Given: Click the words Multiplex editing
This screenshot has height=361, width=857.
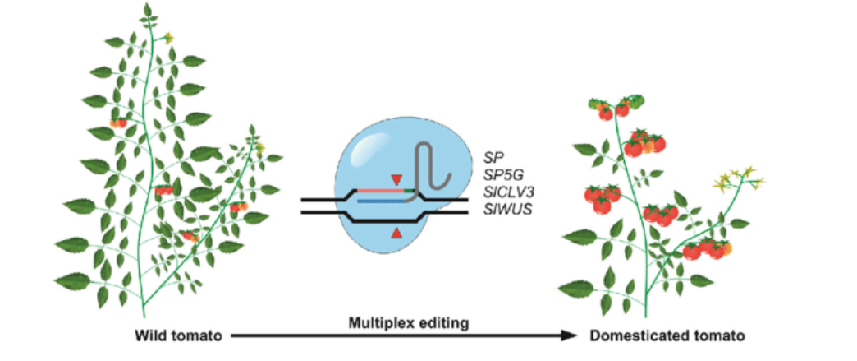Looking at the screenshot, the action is [409, 324].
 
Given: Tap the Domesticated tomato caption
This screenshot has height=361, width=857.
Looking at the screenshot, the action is [667, 336].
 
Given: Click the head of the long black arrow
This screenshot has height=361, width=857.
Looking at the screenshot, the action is [571, 336].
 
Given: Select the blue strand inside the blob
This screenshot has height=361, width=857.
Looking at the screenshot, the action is [381, 201].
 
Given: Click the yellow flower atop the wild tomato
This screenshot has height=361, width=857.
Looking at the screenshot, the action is [169, 39].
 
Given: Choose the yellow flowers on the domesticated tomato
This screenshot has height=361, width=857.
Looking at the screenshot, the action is [737, 178].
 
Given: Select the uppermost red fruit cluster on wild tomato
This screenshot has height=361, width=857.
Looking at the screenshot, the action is [118, 123].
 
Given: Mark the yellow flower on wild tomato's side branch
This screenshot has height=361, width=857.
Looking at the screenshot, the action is [260, 147].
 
